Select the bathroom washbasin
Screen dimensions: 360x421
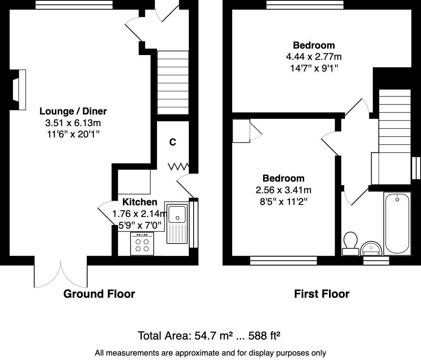click(372, 249)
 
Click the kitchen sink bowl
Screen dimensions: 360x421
click(176, 213)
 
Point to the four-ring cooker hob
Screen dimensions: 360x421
click(142, 244)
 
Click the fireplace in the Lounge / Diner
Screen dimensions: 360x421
click(18, 90)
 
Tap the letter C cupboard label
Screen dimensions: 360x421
click(172, 142)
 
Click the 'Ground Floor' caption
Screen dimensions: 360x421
click(99, 294)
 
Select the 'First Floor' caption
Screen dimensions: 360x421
click(321, 294)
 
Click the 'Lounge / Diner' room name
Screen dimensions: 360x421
click(73, 111)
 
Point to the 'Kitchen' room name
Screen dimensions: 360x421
click(140, 202)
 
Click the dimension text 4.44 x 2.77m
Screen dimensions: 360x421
click(314, 57)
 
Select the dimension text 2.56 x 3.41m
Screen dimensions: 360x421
click(283, 190)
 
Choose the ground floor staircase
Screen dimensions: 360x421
click(172, 83)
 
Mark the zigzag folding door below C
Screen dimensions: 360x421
click(178, 166)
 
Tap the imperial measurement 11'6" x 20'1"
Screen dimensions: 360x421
click(73, 134)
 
